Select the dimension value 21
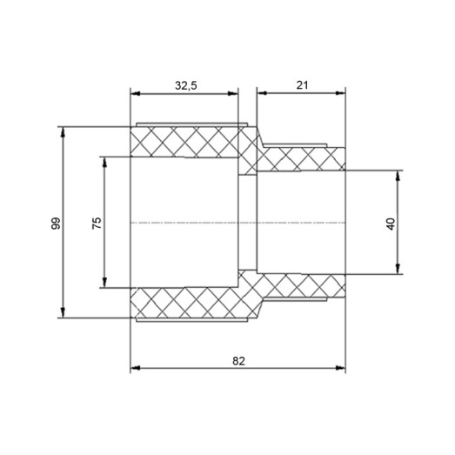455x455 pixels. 302,85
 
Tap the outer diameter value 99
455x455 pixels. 56,223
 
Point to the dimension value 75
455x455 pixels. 97,223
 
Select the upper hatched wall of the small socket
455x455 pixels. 304,158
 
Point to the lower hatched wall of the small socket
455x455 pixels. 304,286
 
